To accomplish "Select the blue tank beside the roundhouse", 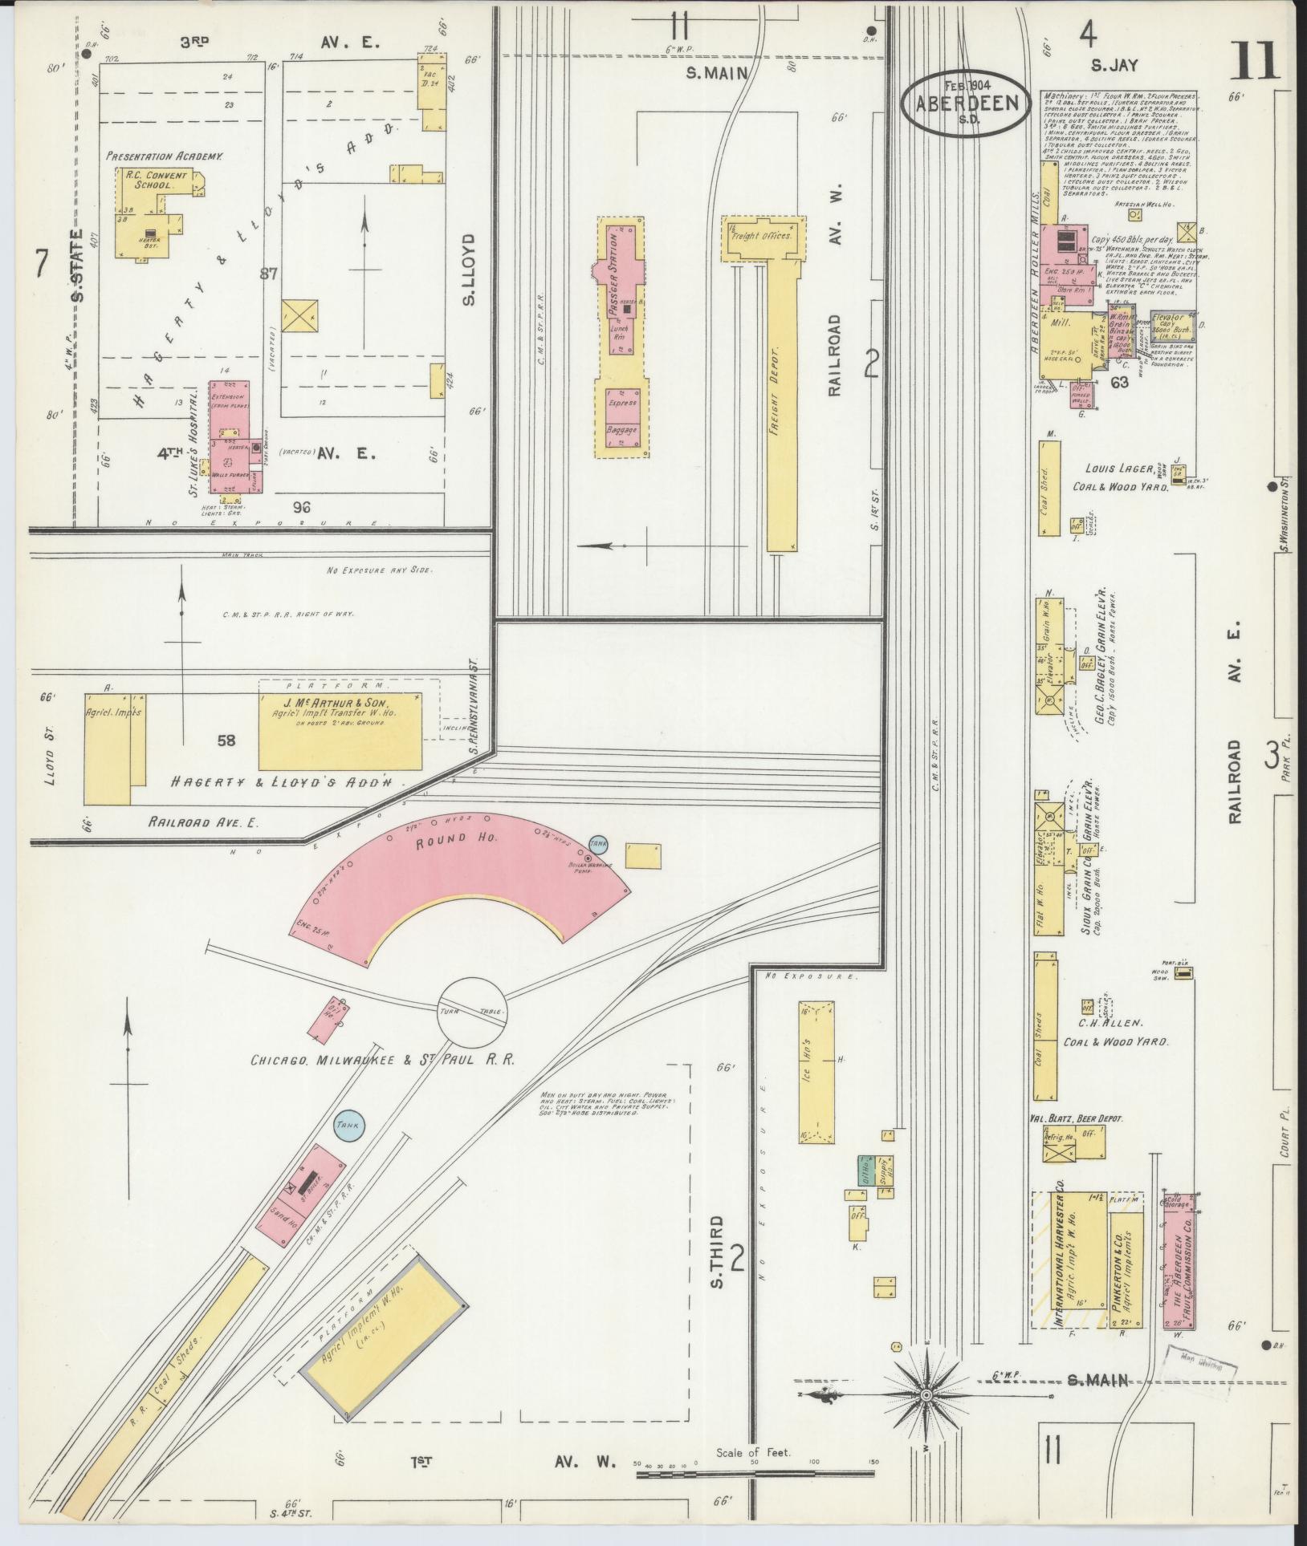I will [597, 843].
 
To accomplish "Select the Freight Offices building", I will [759, 238].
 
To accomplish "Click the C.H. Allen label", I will [1114, 1024].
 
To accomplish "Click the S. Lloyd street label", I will [469, 270].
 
